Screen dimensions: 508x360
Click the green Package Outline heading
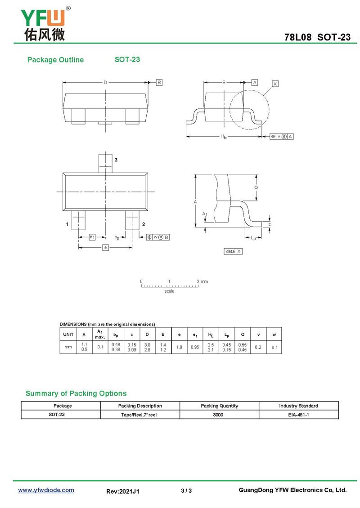point(55,60)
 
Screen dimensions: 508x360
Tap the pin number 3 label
point(116,160)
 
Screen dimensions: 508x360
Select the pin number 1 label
point(67,224)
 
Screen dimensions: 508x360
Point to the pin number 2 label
point(143,224)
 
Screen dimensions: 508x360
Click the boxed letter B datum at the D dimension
point(159,82)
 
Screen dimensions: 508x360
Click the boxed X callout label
point(275,84)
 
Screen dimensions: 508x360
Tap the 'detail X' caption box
point(233,251)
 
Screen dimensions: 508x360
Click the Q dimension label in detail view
point(256,187)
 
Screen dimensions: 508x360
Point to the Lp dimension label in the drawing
point(253,239)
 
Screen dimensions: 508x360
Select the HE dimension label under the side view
point(223,137)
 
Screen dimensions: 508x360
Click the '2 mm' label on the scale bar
point(202,281)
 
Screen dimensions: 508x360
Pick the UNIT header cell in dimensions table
point(68,334)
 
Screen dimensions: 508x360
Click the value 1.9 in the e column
point(179,347)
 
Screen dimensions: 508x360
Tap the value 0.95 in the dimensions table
point(195,347)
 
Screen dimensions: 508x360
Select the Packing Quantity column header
point(219,406)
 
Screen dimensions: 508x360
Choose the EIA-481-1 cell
point(298,415)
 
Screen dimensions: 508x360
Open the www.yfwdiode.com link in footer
point(46,490)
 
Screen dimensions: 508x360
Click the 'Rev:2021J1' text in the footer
point(123,491)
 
